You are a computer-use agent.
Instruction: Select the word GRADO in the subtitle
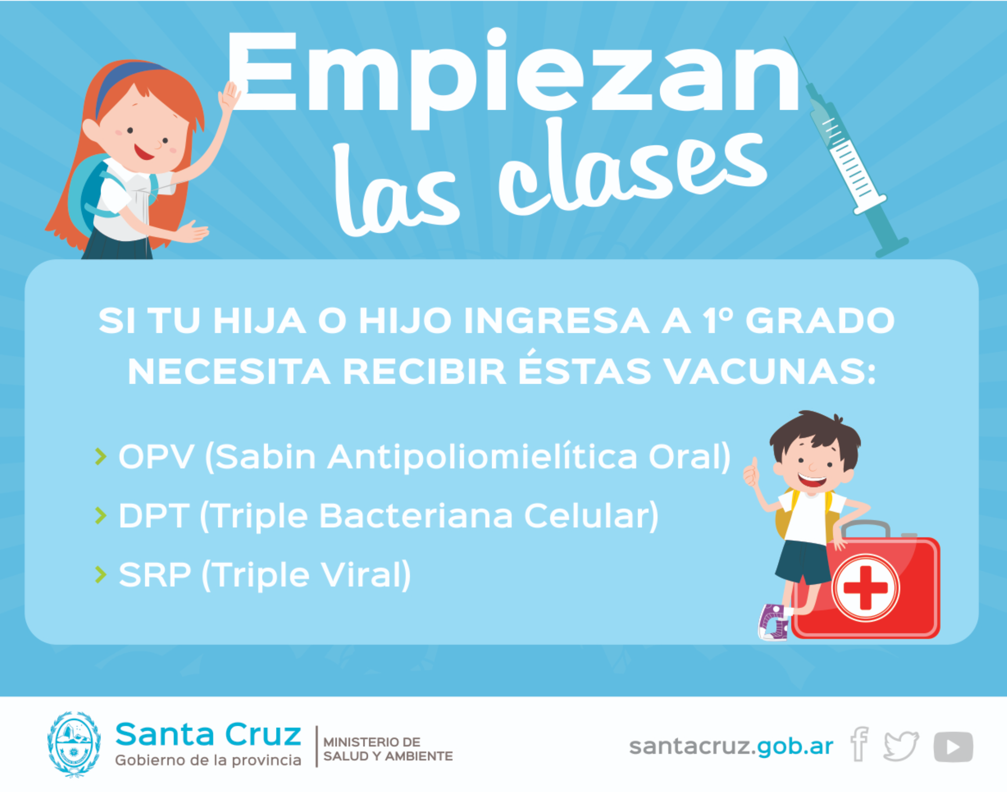pos(820,321)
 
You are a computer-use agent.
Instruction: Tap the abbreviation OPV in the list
pos(156,457)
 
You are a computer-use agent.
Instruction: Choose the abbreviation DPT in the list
pos(154,516)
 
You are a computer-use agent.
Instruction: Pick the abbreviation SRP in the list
pos(155,575)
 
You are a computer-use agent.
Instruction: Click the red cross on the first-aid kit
pos(865,587)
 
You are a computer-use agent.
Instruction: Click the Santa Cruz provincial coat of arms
pos(74,744)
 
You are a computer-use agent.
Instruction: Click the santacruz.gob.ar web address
pos(731,746)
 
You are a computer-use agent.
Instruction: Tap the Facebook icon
pos(859,744)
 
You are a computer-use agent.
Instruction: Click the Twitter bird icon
pos(901,746)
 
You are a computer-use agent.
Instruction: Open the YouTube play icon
pos(953,746)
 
